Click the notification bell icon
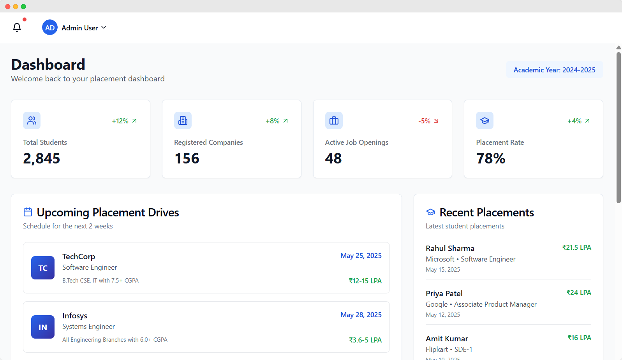click(17, 27)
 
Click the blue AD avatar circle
click(50, 28)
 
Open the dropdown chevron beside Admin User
click(104, 28)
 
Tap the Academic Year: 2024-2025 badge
click(554, 70)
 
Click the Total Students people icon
click(32, 121)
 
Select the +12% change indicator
click(124, 121)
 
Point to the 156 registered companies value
click(187, 158)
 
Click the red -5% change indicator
click(428, 121)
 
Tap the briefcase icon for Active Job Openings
click(334, 121)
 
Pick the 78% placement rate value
click(491, 158)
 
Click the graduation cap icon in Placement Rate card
click(485, 121)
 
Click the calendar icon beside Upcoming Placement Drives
click(28, 212)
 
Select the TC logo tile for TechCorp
click(43, 268)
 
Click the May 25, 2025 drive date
click(361, 256)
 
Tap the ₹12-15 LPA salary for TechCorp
click(365, 281)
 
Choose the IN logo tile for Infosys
click(43, 327)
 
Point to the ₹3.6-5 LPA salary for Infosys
click(365, 340)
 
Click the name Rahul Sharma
click(450, 248)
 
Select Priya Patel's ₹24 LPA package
click(579, 293)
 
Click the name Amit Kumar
click(447, 339)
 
